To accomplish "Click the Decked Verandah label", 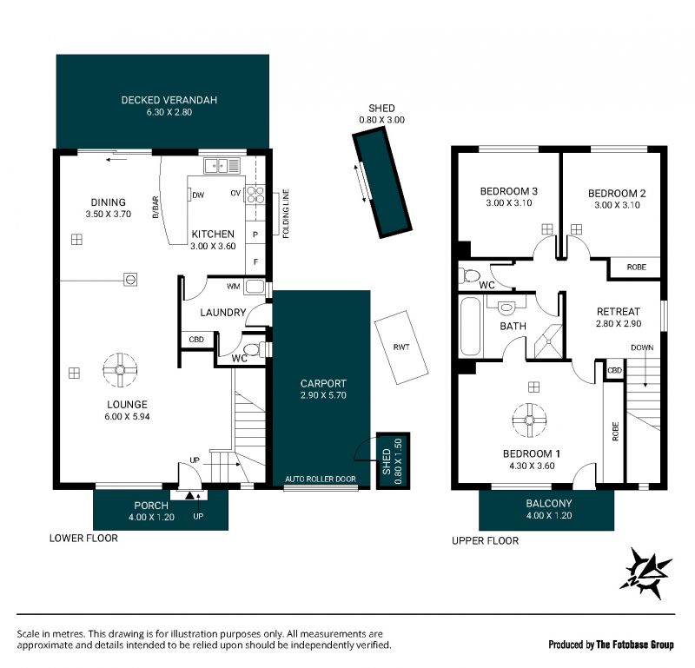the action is point(169,100).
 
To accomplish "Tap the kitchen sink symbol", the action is point(222,166).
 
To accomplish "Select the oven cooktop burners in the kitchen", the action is point(255,195).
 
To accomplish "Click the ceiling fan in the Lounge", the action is point(120,370).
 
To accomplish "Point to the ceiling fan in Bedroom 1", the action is point(529,420).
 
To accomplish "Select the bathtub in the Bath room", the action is point(470,327).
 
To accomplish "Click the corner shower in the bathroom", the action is point(549,341).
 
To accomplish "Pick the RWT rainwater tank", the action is point(401,347).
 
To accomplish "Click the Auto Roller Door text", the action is point(321,479).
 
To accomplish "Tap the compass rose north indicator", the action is point(646,573).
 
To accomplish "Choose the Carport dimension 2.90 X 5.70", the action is point(323,395).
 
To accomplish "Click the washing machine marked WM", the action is point(255,287).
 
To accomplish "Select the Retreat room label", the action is point(619,312).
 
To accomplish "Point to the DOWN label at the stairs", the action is point(642,347).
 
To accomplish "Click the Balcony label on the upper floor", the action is point(549,504).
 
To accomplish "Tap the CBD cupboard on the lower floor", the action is point(196,340).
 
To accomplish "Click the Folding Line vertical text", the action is point(286,214).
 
